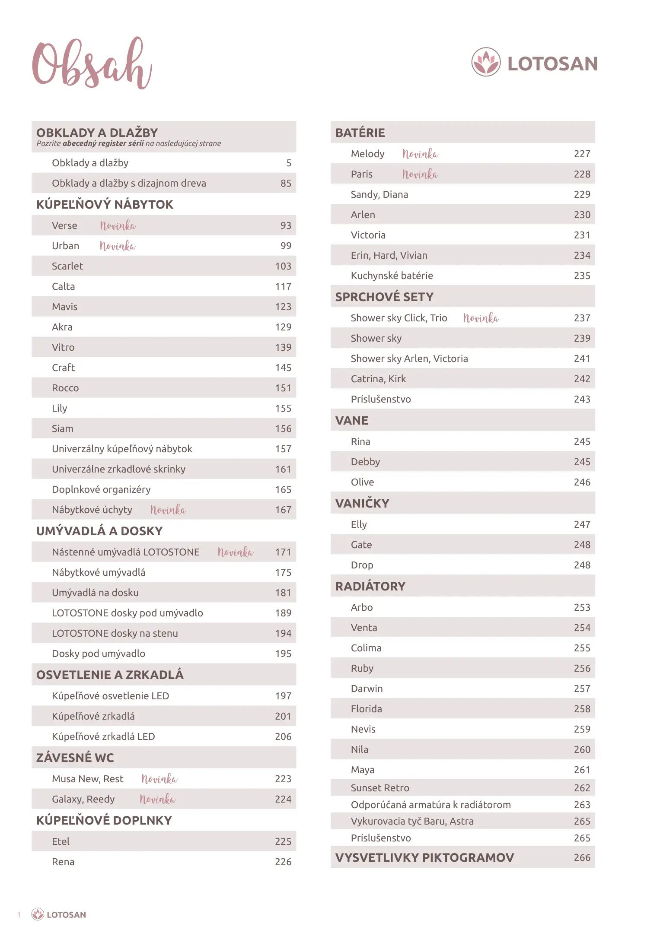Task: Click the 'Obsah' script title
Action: [92, 64]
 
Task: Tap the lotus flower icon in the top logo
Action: [486, 62]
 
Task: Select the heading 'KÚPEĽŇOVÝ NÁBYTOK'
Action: [105, 204]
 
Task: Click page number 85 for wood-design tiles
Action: [286, 183]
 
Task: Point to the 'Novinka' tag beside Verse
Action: [118, 225]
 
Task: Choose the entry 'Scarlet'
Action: [67, 266]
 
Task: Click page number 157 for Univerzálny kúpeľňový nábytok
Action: [283, 449]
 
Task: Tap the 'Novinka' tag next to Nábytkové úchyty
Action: [168, 510]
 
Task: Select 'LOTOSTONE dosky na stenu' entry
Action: [115, 633]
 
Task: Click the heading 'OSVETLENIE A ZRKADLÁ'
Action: [110, 675]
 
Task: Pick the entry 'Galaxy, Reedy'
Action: [83, 799]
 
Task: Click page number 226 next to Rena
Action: [283, 862]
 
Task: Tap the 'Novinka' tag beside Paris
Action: [420, 174]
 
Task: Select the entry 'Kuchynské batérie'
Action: [392, 276]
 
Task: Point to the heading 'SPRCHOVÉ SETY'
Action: [384, 297]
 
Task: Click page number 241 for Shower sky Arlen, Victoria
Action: [582, 359]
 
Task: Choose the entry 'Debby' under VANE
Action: [365, 462]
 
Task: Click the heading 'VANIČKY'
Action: [362, 503]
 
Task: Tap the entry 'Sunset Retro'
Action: [380, 788]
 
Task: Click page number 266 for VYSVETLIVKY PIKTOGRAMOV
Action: [582, 857]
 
